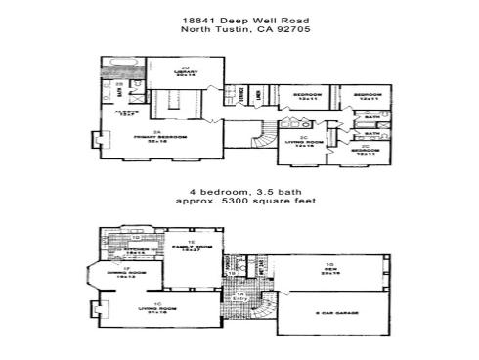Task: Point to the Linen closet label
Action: coord(257,95)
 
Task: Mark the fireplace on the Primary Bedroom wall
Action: coord(98,141)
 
